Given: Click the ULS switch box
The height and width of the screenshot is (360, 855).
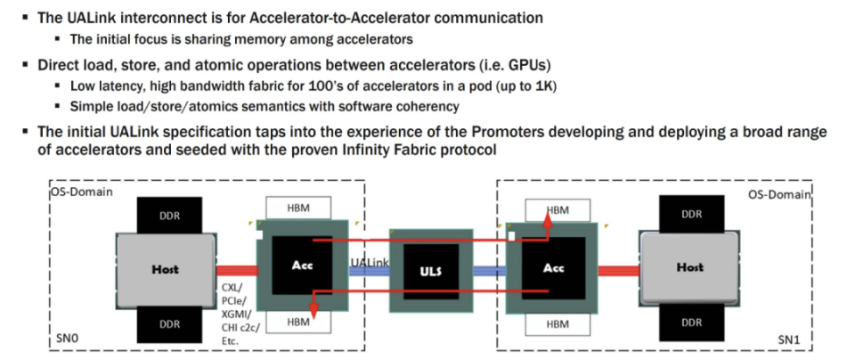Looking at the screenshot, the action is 431,271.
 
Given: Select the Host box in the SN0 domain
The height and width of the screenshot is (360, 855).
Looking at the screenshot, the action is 166,269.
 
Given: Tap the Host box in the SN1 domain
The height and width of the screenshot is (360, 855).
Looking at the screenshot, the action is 689,267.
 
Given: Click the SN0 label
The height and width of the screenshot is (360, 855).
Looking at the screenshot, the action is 67,339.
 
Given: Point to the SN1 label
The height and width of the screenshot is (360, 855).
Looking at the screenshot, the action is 788,340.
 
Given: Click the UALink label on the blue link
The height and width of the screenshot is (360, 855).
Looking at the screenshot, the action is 370,262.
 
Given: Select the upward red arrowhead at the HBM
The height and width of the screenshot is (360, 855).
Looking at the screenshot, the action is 548,219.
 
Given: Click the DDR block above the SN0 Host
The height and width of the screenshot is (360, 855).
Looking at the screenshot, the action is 169,216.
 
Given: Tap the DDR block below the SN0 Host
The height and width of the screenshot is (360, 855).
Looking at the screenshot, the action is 169,324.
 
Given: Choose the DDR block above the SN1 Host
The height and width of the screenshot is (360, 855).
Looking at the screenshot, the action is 691,213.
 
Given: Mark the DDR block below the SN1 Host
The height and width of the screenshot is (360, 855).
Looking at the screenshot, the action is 691,323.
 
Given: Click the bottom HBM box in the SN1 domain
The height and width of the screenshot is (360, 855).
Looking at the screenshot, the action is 558,324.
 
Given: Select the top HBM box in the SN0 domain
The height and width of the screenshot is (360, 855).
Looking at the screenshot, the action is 298,208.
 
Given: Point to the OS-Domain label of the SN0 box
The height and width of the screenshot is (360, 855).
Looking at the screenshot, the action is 82,192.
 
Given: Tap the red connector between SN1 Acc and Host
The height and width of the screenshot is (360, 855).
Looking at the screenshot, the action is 618,271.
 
